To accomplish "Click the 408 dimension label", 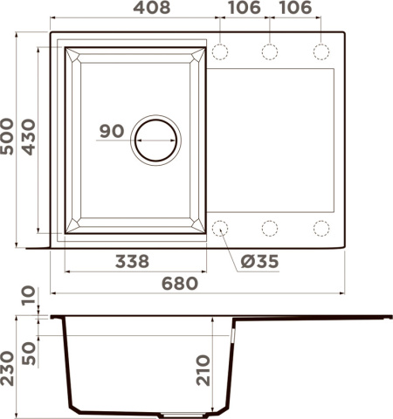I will coord(134,10).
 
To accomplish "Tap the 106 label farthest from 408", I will coord(295,10).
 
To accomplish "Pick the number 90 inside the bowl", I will coord(111,132).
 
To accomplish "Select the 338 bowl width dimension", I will coord(132,260).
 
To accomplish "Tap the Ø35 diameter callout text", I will coord(256,261).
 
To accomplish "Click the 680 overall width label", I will coord(179,283).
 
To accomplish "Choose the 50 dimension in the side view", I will coord(31,352).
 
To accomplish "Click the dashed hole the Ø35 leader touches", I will coord(218,228).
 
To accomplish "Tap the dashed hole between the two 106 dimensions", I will coord(270,52).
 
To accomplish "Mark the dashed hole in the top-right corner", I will coord(321,52).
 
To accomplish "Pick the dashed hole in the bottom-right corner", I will coord(321,228).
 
